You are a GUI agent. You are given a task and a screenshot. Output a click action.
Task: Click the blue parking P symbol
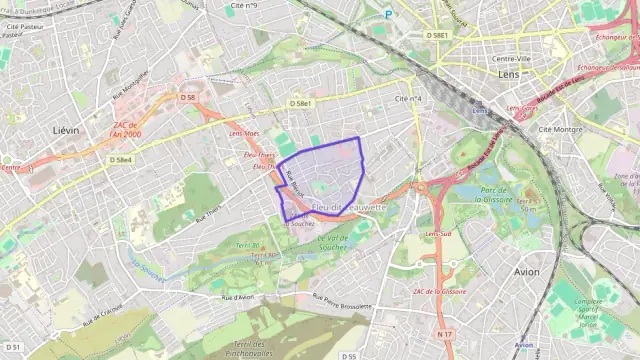coord(388,14)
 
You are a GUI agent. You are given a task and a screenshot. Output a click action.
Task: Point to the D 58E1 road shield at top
coord(438,35)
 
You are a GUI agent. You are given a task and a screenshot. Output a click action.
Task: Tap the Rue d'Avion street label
coord(240,298)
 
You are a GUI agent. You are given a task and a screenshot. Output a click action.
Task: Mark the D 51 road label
coord(13,346)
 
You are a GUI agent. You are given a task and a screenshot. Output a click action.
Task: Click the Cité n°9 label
coord(244,7)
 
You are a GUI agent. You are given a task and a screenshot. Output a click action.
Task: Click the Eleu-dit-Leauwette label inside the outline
coord(347,206)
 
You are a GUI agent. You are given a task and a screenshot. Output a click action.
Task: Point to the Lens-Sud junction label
coord(440,234)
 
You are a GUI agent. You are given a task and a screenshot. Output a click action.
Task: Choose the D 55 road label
coord(348,356)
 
